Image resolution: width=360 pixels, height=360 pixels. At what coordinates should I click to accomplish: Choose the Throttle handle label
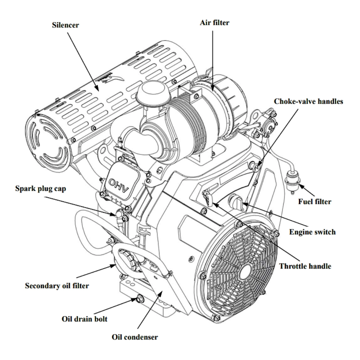pyautogui.click(x=305, y=267)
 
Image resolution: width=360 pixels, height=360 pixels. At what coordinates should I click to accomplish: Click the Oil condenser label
pyautogui.click(x=135, y=338)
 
